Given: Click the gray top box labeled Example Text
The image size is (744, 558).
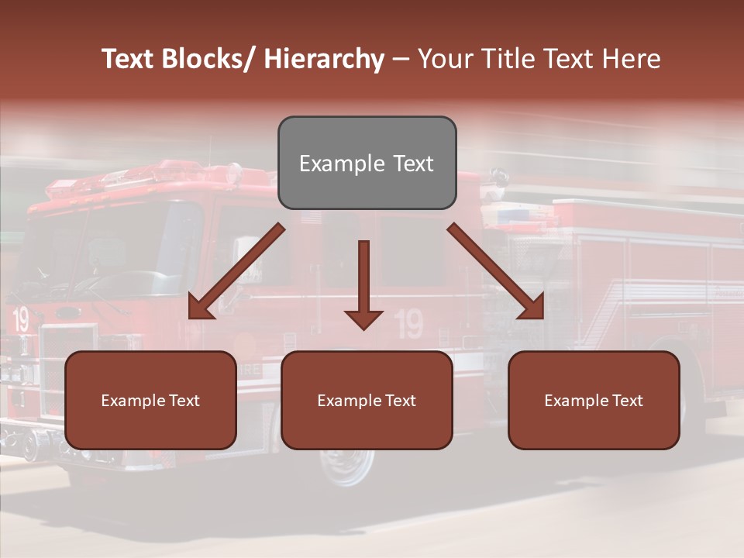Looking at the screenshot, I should pyautogui.click(x=367, y=163).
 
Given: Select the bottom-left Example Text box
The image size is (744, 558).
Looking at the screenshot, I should pyautogui.click(x=150, y=400).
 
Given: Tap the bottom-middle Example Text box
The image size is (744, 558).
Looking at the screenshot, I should pyautogui.click(x=367, y=400).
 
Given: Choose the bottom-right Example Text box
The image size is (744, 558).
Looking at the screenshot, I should pyautogui.click(x=594, y=400).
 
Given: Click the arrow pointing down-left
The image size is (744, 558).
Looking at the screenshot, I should pyautogui.click(x=236, y=271).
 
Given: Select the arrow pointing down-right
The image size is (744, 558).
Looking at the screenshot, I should pyautogui.click(x=496, y=271).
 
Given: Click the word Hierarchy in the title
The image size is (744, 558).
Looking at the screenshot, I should pyautogui.click(x=324, y=59).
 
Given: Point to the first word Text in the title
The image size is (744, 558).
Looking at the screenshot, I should pyautogui.click(x=128, y=59).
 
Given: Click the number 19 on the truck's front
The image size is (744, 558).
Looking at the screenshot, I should pyautogui.click(x=20, y=319).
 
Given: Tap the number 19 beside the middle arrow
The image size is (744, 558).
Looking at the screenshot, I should pyautogui.click(x=408, y=324).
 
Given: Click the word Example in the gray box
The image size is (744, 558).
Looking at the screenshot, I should pyautogui.click(x=342, y=164).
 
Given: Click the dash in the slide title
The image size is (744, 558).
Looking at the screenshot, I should pyautogui.click(x=401, y=59).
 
